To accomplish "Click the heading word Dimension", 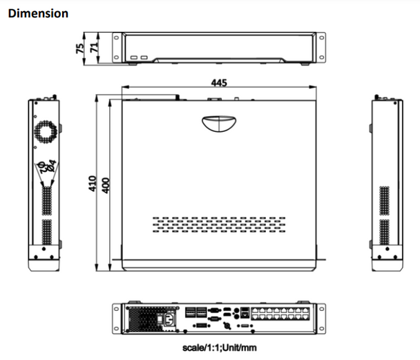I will pyautogui.click(x=38, y=13).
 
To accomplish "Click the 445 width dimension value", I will pyautogui.click(x=218, y=82).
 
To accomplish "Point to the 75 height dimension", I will pyautogui.click(x=80, y=48).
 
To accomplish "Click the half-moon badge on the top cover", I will pyautogui.click(x=220, y=124).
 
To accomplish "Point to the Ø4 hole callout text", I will pyautogui.click(x=46, y=166).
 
